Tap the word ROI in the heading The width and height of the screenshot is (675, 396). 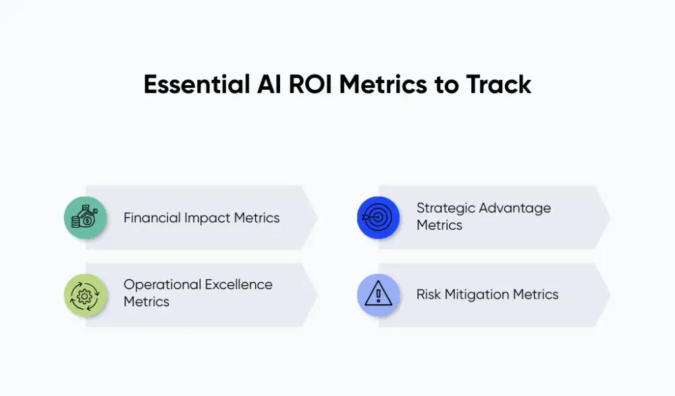304,84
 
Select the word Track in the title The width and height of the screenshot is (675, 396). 499,84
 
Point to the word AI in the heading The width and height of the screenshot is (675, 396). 264,84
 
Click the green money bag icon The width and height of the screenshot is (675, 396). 86,218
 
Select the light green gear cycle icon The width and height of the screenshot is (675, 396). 86,295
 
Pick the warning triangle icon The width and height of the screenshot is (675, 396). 378,295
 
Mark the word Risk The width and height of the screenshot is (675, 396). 429,295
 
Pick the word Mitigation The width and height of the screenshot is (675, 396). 475,295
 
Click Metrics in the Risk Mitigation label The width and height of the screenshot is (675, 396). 534,295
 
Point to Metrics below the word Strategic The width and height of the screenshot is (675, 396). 439,226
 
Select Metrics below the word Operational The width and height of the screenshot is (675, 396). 146,302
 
